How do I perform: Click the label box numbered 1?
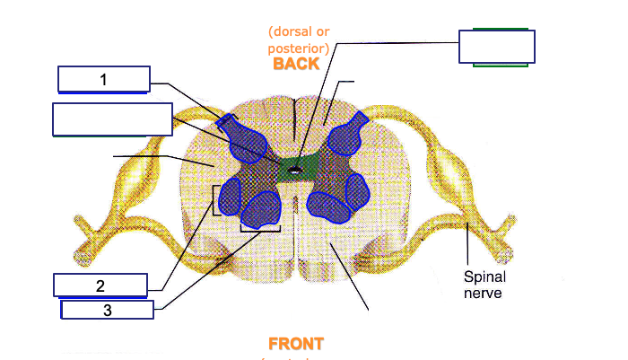[103, 80]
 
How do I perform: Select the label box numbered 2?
[100, 285]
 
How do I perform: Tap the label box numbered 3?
[107, 311]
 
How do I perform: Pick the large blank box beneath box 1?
[112, 119]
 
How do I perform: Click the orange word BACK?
[296, 65]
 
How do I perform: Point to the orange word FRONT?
[295, 344]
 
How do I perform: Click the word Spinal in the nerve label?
[483, 277]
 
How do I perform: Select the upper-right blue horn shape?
[348, 137]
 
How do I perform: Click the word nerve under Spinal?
[483, 293]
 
